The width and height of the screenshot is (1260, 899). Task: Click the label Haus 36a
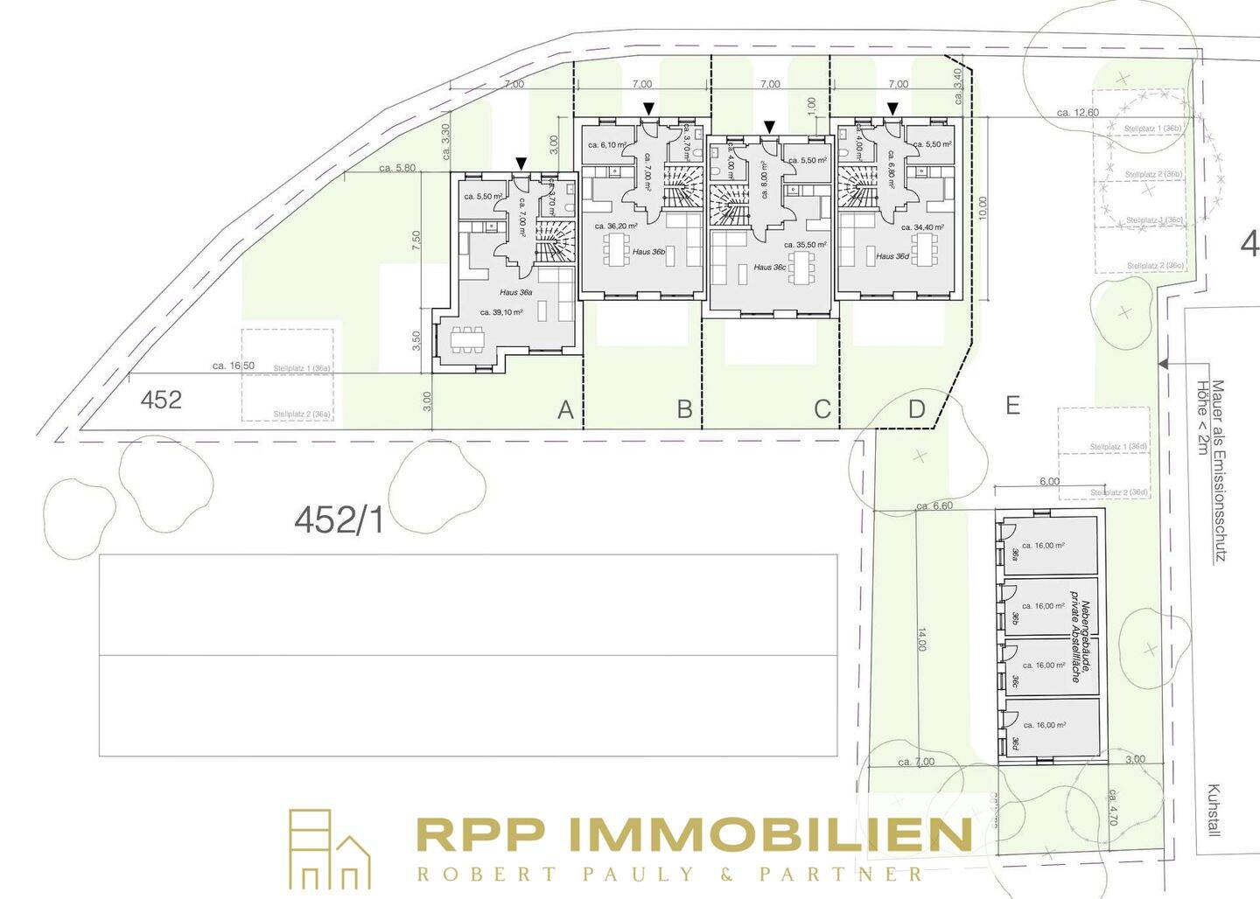(x=516, y=292)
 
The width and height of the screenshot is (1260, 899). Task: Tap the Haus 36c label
(x=769, y=267)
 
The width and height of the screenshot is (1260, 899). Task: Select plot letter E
(x=1012, y=406)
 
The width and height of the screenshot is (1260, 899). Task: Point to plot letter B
(x=685, y=409)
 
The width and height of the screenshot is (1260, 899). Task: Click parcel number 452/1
(x=339, y=521)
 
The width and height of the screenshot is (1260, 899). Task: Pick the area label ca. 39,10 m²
(x=501, y=312)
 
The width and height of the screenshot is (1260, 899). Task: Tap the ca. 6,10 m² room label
(x=606, y=145)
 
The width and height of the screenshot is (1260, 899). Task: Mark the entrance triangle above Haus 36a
(x=521, y=164)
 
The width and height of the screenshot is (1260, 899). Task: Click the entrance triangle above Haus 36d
(x=892, y=108)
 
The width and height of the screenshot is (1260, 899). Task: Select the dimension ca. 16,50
(x=234, y=366)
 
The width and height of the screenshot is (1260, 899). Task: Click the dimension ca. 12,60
(x=1077, y=112)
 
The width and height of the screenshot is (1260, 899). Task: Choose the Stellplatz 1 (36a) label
(x=302, y=369)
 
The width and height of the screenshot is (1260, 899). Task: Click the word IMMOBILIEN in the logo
(x=770, y=835)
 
